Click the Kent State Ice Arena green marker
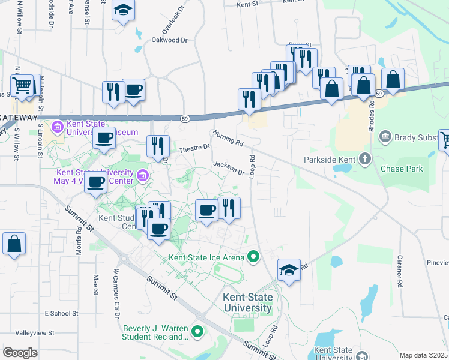(253, 257)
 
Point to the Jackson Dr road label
(229, 169)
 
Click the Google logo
(20, 353)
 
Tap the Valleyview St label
(35, 332)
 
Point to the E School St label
(61, 313)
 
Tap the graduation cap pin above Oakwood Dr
(123, 10)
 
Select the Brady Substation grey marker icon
(385, 137)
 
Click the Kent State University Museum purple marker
(58, 127)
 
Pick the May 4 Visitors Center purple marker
(143, 175)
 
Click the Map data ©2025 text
(423, 355)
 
